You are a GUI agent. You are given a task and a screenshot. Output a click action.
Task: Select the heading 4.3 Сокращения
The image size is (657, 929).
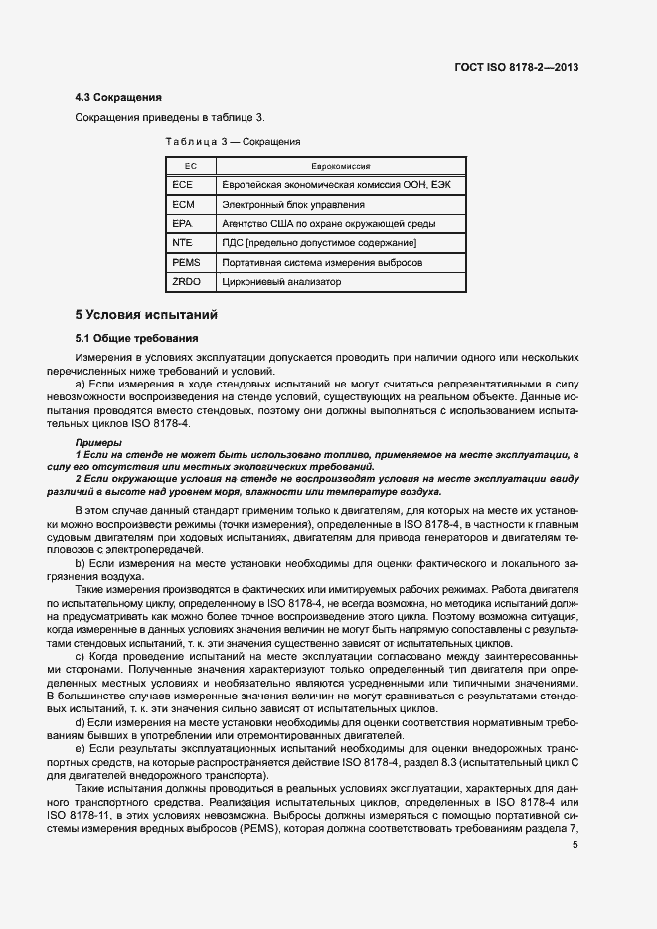point(118,98)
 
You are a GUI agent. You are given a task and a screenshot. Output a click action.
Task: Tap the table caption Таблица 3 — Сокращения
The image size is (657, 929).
point(233,142)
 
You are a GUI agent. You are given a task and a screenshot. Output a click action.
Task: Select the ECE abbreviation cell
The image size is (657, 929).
point(182,185)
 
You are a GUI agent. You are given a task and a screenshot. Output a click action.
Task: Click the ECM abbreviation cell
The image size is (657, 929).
point(182,205)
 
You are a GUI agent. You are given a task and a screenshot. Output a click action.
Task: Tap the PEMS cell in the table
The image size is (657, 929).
point(186,262)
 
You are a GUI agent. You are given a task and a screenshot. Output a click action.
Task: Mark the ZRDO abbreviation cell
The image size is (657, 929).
point(186,282)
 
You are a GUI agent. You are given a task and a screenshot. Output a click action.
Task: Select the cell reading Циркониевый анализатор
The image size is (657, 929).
point(280,282)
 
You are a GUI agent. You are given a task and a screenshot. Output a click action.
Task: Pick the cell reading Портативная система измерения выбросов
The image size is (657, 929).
point(321,262)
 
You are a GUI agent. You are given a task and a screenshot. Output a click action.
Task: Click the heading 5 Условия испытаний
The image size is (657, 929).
point(145,315)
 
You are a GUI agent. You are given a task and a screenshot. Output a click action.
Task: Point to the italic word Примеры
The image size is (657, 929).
point(98,441)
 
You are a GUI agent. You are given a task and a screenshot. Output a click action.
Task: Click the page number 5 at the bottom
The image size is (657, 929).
point(575,845)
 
